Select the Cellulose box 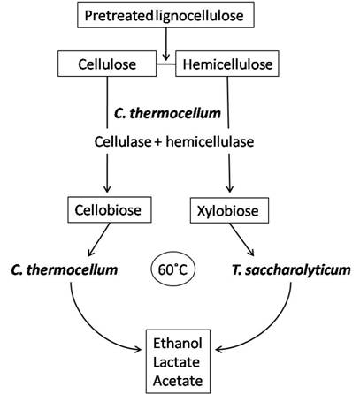106,64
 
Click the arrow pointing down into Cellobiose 107,177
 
